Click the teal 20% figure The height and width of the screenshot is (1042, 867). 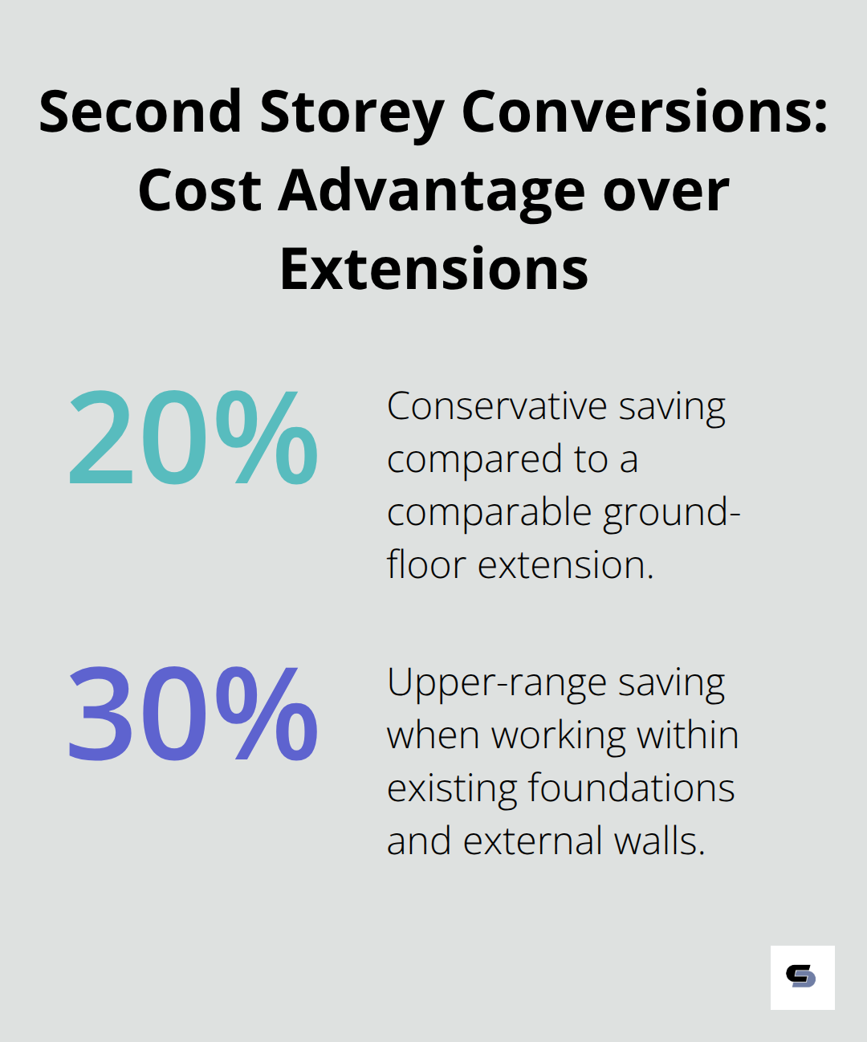point(193,438)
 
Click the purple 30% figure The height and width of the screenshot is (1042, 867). point(193,714)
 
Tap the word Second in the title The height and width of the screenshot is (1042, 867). point(140,112)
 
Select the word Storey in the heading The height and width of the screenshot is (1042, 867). point(351,112)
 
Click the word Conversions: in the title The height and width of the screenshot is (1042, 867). point(644,112)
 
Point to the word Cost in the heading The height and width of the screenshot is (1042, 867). point(200,191)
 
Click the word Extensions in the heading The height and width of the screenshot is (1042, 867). point(433,269)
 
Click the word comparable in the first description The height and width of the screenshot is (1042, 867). point(490,513)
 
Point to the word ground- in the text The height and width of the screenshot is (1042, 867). point(671,513)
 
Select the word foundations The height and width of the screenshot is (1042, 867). point(631,788)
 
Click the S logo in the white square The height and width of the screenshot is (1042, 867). point(801,976)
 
